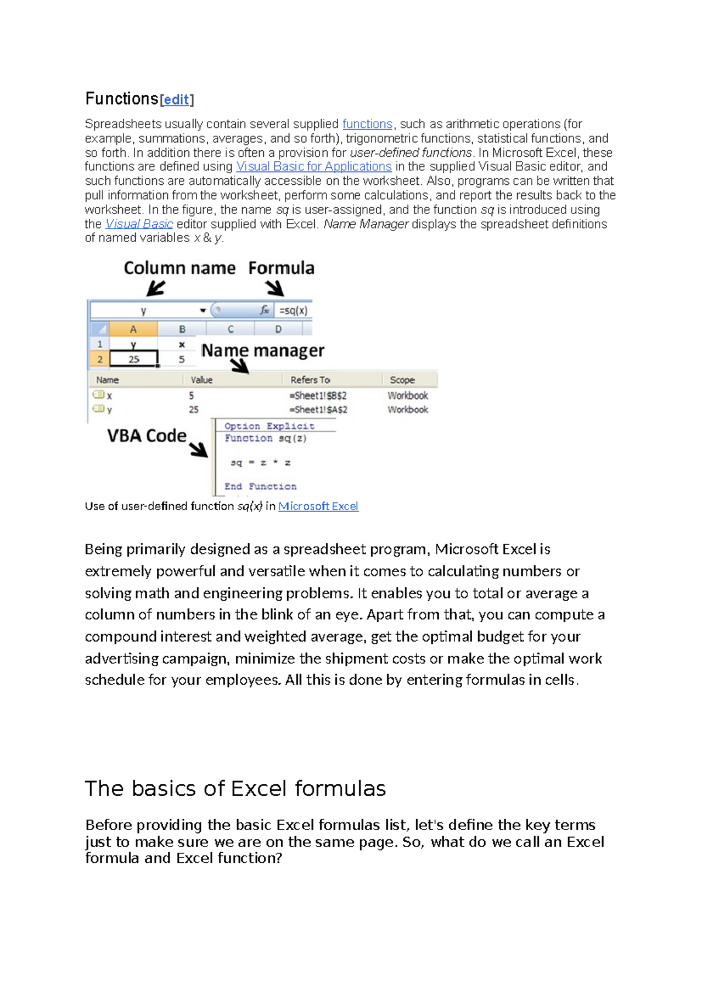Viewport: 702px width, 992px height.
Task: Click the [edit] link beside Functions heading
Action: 176,100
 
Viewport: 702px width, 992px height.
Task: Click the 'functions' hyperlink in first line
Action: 367,124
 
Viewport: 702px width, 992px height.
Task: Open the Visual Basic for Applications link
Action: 314,167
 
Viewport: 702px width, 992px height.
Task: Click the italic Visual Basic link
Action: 139,224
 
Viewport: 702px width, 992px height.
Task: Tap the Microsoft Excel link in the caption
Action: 318,507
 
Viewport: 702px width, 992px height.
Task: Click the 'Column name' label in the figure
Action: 180,268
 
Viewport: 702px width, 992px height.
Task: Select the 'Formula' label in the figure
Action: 281,268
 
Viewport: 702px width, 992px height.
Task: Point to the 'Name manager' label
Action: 262,350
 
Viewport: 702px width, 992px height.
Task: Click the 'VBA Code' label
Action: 147,436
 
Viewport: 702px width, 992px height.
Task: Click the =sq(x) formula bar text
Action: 293,311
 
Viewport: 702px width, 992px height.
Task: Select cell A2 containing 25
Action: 134,359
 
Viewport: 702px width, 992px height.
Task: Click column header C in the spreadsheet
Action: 230,329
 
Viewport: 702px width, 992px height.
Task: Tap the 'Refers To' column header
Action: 310,380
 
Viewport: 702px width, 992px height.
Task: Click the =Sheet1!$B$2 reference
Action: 318,396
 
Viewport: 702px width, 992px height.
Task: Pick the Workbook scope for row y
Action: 408,410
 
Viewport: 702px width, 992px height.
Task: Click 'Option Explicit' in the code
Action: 269,426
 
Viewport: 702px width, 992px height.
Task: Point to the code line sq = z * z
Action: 260,463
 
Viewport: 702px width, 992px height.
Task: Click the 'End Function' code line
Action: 260,487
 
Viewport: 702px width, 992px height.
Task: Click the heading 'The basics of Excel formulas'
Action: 235,788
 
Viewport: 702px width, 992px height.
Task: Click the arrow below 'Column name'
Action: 156,288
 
